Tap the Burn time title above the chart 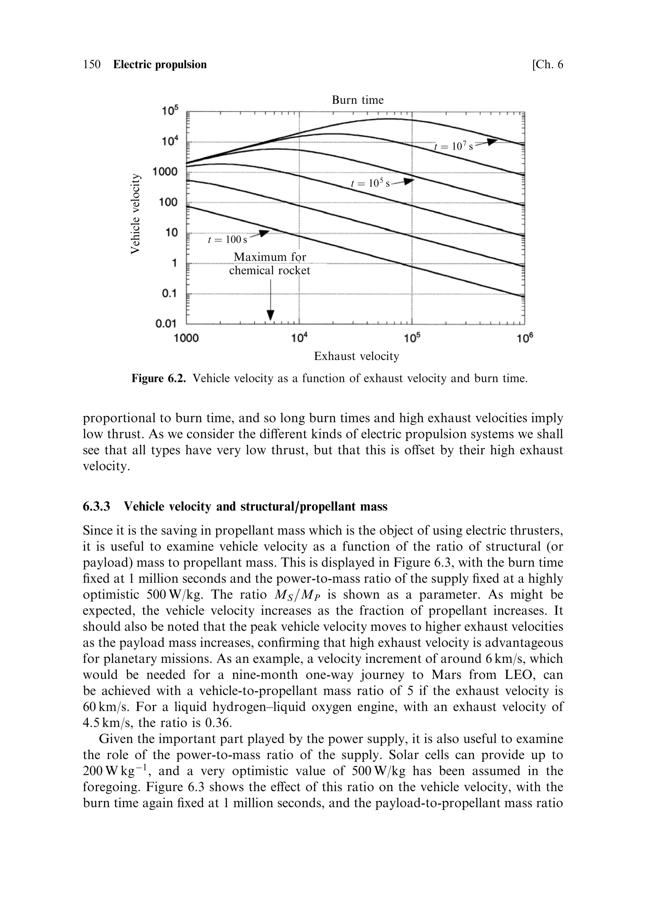(x=357, y=100)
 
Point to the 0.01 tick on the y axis (x=166, y=324)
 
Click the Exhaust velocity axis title (x=356, y=356)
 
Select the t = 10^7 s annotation (x=453, y=147)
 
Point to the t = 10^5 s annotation (x=370, y=183)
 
